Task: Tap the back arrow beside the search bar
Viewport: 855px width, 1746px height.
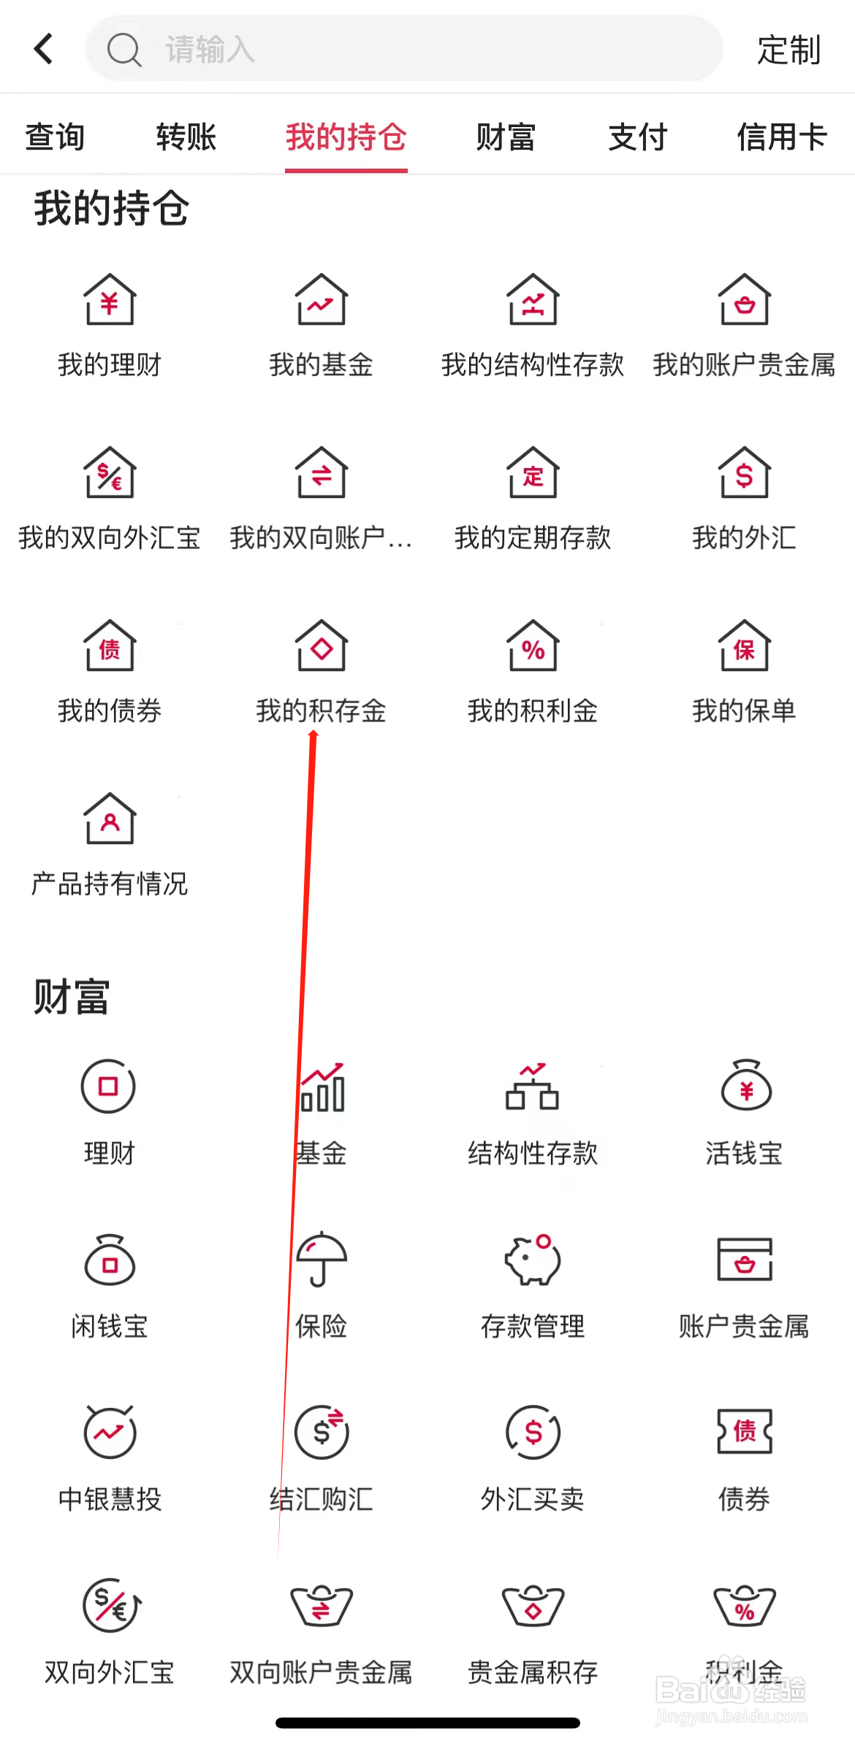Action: tap(44, 49)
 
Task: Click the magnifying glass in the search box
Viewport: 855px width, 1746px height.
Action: tap(123, 50)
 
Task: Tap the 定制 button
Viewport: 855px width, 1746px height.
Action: tap(788, 50)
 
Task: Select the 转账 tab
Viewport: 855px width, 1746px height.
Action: tap(186, 137)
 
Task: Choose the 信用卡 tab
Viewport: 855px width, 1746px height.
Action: tap(781, 137)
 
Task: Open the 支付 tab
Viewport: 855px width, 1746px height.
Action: tap(637, 137)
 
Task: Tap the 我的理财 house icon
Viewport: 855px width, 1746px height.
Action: tap(110, 299)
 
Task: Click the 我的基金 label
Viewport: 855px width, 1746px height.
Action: tap(321, 364)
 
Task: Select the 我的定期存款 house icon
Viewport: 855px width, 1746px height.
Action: tap(533, 472)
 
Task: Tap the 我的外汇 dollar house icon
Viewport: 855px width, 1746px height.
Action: tap(744, 472)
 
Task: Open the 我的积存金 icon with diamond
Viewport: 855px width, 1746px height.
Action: tap(321, 646)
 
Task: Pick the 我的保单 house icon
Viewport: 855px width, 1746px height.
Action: tap(744, 646)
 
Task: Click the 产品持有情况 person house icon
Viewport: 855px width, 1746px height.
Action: tap(110, 819)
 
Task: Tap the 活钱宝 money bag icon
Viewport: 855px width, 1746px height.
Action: tap(745, 1086)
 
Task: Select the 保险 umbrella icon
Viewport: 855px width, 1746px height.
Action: tap(321, 1259)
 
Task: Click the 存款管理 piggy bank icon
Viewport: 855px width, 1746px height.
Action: tap(533, 1259)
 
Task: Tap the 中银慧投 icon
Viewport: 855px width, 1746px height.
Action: tap(110, 1431)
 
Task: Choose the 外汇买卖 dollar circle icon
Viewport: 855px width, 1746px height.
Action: tap(533, 1431)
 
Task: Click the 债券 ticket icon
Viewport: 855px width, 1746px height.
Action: tap(744, 1431)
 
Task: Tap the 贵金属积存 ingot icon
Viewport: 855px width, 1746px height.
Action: tap(533, 1606)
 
